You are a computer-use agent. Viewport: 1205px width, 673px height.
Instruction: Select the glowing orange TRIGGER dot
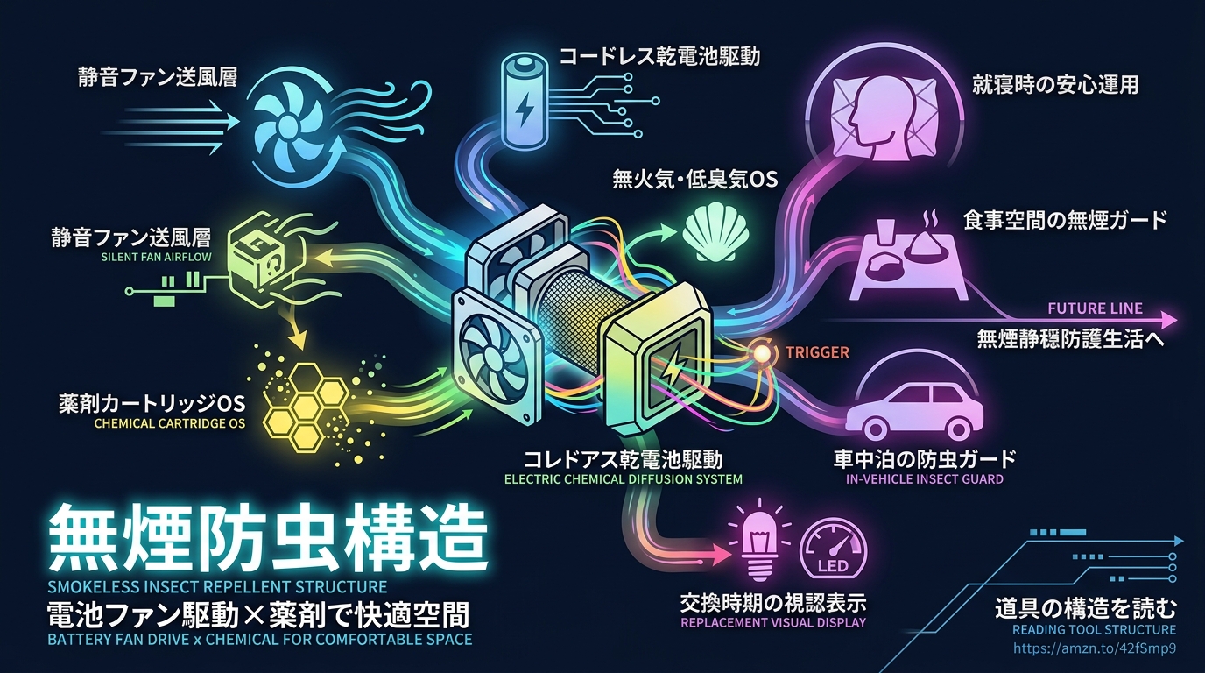click(762, 353)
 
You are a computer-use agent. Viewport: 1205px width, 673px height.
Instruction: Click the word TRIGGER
click(817, 352)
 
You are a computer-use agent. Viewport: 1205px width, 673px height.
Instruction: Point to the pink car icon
click(914, 410)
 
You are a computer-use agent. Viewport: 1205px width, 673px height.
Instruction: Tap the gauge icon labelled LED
click(834, 549)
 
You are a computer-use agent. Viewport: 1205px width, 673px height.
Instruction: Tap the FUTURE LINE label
click(1096, 308)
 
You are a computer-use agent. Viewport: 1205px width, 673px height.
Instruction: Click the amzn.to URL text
click(1095, 648)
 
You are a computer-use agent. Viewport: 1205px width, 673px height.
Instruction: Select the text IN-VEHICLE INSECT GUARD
click(925, 479)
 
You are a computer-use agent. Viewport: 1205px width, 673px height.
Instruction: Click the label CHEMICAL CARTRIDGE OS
click(170, 423)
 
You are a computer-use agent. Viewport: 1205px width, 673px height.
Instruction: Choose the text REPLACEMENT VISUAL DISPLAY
click(773, 622)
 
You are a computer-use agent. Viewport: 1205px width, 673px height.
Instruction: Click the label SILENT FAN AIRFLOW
click(157, 257)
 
